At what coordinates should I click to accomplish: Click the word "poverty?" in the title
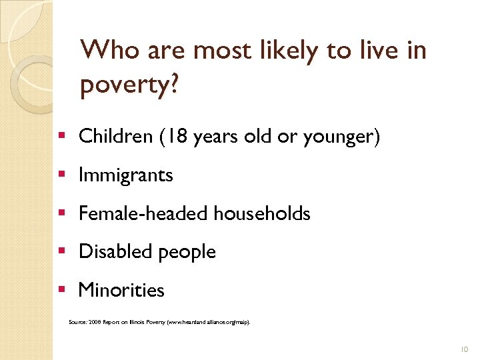pyautogui.click(x=128, y=85)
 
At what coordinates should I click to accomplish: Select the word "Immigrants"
pyautogui.click(x=125, y=175)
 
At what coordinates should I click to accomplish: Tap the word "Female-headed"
pyautogui.click(x=143, y=213)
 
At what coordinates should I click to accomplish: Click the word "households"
pyautogui.click(x=262, y=213)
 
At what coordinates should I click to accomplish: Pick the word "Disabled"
pyautogui.click(x=115, y=252)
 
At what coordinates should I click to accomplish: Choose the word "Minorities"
pyautogui.click(x=121, y=290)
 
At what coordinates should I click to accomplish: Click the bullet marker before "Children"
pyautogui.click(x=61, y=136)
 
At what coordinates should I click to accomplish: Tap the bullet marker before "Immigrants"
pyautogui.click(x=61, y=175)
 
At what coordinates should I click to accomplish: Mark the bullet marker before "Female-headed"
pyautogui.click(x=61, y=213)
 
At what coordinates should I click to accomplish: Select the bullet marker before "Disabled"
pyautogui.click(x=61, y=251)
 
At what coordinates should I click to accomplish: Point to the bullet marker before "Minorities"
pyautogui.click(x=61, y=289)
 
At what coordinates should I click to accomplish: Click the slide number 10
pyautogui.click(x=465, y=348)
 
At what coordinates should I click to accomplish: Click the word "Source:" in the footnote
pyautogui.click(x=77, y=322)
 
